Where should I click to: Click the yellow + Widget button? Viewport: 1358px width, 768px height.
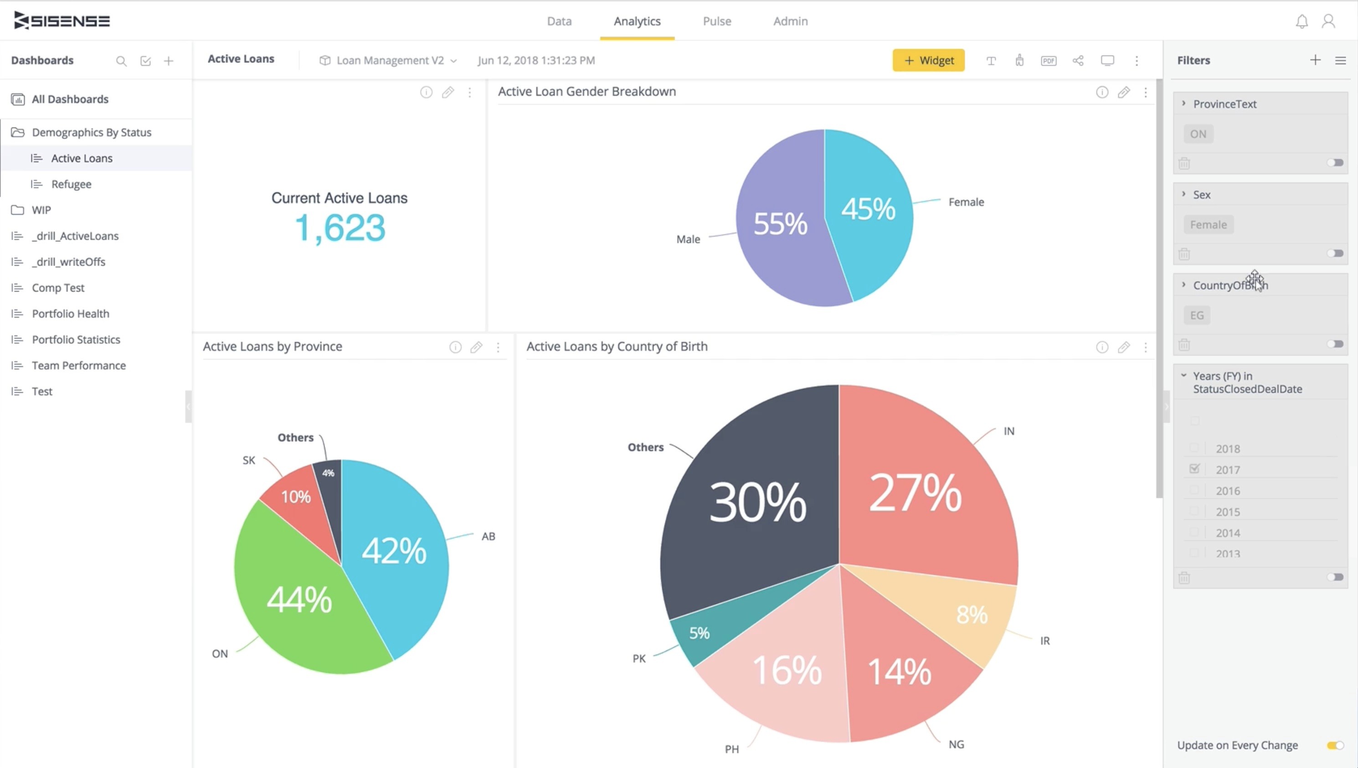tap(929, 60)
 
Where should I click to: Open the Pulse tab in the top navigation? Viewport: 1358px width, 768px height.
tap(717, 21)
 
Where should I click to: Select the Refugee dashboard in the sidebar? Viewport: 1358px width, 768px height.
tap(71, 184)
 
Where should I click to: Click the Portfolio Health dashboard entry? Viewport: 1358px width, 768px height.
tap(71, 313)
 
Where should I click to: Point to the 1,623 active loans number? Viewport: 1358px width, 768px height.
tap(340, 228)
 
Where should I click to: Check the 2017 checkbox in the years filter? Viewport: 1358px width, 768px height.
tap(1194, 468)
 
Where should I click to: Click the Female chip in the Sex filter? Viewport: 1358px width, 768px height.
tap(1208, 225)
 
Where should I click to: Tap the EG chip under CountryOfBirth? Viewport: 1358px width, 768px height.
tap(1197, 315)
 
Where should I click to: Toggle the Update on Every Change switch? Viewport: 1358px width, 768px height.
tap(1335, 745)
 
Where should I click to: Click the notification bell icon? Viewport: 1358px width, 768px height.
tap(1301, 21)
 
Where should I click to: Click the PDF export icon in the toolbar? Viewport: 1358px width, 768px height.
tap(1048, 61)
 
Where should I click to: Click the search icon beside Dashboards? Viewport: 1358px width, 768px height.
tap(121, 61)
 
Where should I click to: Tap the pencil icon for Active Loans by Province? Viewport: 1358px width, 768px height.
tap(476, 347)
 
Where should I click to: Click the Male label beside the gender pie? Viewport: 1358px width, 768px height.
tap(688, 240)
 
